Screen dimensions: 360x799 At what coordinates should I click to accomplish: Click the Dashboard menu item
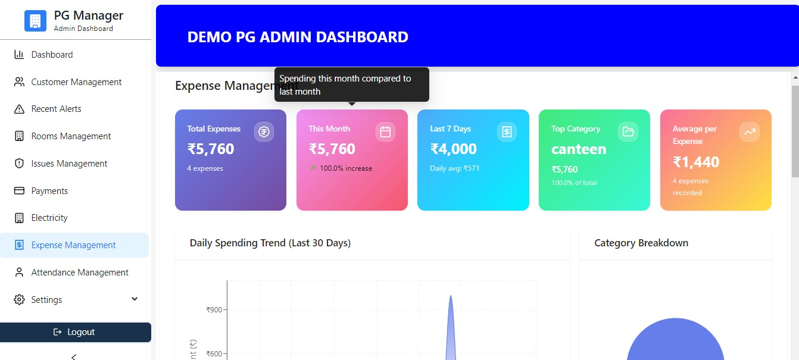[52, 55]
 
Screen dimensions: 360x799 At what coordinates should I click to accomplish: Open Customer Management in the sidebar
[76, 82]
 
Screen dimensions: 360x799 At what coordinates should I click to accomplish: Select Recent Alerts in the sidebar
[56, 109]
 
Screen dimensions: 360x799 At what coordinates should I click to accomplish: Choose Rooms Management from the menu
[71, 136]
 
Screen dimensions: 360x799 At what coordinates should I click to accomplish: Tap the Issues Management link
[69, 164]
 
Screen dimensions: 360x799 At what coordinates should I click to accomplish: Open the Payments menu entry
[49, 191]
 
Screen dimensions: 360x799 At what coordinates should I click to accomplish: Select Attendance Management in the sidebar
[80, 273]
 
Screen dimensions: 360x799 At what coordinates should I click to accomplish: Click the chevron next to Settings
[135, 299]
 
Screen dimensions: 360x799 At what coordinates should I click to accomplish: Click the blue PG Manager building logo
[35, 21]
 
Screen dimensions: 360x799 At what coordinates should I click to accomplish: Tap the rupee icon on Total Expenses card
[264, 132]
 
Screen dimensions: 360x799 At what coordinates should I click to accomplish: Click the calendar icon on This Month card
[385, 132]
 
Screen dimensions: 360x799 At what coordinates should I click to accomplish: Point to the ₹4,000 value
[453, 149]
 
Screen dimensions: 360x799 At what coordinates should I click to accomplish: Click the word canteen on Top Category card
[579, 149]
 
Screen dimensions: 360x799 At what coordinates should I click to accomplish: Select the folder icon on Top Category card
[628, 132]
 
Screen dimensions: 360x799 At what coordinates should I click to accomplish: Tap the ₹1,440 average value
[696, 162]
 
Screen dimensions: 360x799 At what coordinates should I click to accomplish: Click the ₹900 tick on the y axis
[214, 309]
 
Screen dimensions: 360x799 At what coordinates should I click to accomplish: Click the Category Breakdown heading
[641, 243]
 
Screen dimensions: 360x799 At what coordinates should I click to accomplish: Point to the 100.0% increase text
[345, 168]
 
